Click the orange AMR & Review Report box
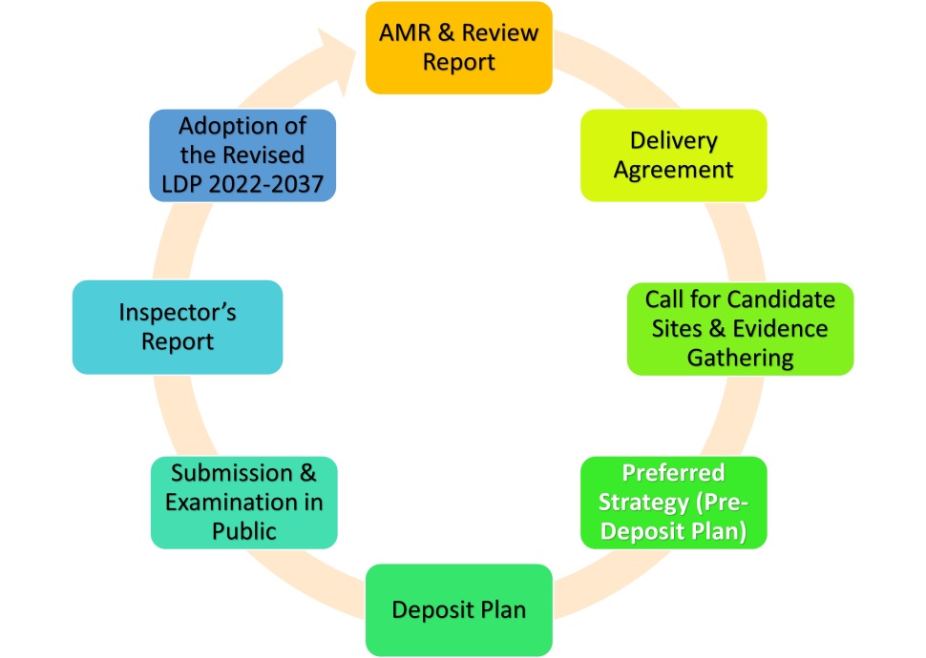pyautogui.click(x=459, y=48)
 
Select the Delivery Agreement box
pyautogui.click(x=673, y=155)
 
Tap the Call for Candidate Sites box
pyautogui.click(x=740, y=329)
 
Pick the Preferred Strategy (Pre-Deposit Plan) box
pyautogui.click(x=673, y=503)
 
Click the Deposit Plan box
pyautogui.click(x=459, y=610)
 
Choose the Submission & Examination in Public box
pyautogui.click(x=243, y=503)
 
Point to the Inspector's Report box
pyautogui.click(x=178, y=327)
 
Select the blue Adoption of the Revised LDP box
pyautogui.click(x=242, y=155)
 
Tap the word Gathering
pyautogui.click(x=740, y=359)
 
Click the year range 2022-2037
pyautogui.click(x=265, y=184)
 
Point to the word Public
pyautogui.click(x=243, y=531)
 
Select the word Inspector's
pyautogui.click(x=178, y=312)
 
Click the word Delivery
pyautogui.click(x=673, y=140)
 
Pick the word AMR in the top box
pyautogui.click(x=405, y=33)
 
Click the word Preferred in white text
pyautogui.click(x=673, y=473)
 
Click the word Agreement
pyautogui.click(x=673, y=170)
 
